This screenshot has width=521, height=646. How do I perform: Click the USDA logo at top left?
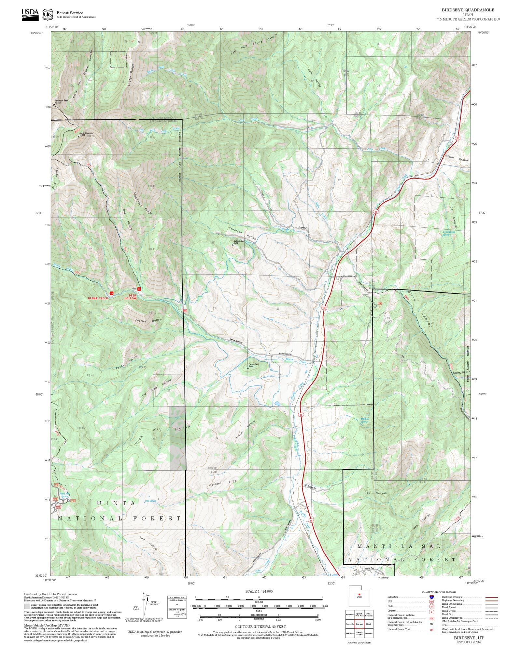(x=30, y=14)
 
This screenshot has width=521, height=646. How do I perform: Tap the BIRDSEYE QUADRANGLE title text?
(x=468, y=10)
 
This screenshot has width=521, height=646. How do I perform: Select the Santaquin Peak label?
(x=61, y=101)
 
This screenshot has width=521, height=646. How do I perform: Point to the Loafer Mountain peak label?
(x=86, y=134)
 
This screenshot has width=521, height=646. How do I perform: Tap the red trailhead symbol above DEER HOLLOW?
(x=139, y=289)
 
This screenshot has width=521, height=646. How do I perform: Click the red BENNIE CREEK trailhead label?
(x=98, y=298)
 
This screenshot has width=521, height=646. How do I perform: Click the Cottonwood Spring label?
(x=450, y=233)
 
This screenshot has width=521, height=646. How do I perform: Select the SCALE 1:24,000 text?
(x=259, y=591)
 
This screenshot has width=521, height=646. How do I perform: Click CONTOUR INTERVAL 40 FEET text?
(x=260, y=626)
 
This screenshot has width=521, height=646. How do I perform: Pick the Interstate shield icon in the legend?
(x=431, y=597)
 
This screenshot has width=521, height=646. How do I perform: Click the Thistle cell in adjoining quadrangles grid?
(x=369, y=624)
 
